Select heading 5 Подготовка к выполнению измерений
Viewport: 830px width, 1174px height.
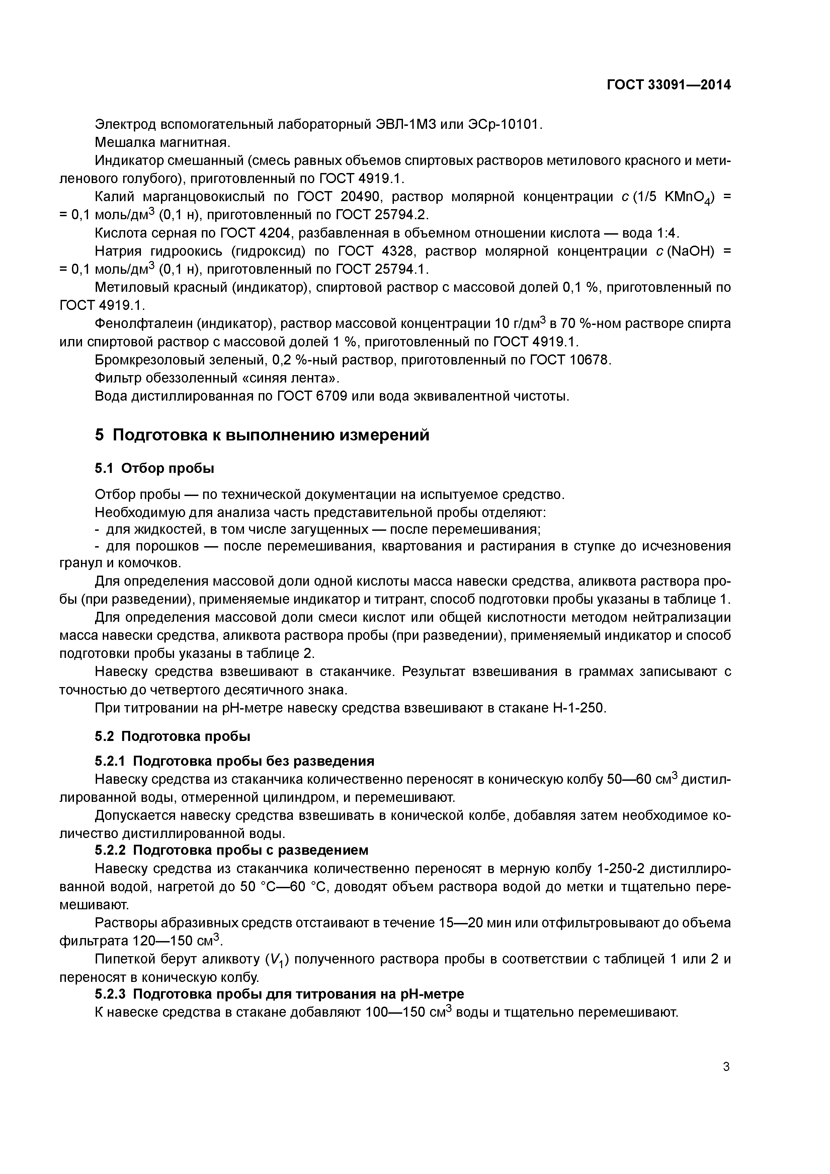click(262, 435)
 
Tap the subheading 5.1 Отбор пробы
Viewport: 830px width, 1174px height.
click(154, 469)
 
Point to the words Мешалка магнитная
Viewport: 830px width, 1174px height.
click(163, 143)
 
